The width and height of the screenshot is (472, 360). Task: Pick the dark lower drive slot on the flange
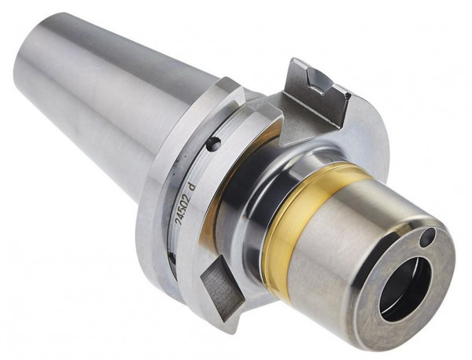click(219, 287)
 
